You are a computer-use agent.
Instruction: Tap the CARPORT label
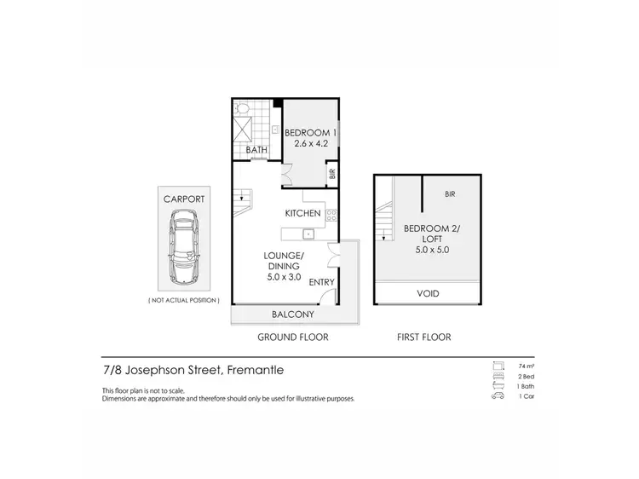coord(185,199)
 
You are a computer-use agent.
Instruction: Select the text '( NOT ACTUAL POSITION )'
coord(185,301)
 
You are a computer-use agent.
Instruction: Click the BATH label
coord(256,150)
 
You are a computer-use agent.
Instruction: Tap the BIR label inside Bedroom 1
coord(331,174)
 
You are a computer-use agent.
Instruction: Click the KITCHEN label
coord(302,213)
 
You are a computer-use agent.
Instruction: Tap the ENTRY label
coord(321,282)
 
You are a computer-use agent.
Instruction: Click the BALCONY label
coord(292,315)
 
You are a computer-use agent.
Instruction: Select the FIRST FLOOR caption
coord(423,338)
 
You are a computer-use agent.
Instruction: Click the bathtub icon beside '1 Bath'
coord(497,385)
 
